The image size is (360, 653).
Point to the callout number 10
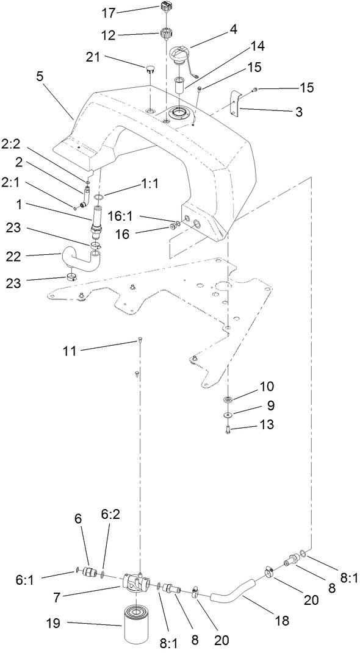pyautogui.click(x=267, y=387)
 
